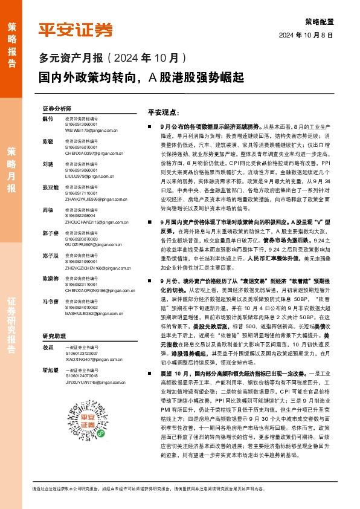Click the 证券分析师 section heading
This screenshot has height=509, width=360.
(57, 108)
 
